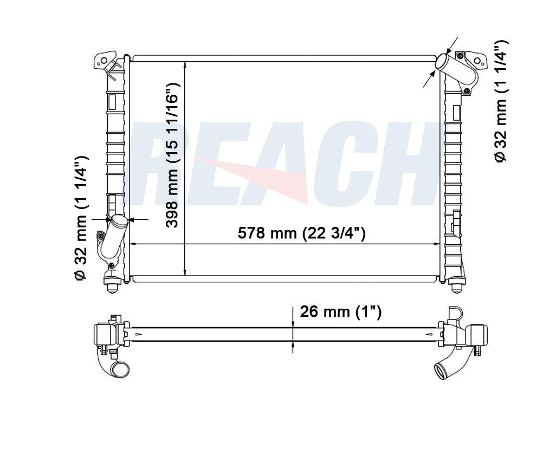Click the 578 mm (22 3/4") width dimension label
point(301,233)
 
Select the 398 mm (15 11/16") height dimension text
point(172,155)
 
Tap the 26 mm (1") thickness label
point(340,312)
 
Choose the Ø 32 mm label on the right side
point(501,101)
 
